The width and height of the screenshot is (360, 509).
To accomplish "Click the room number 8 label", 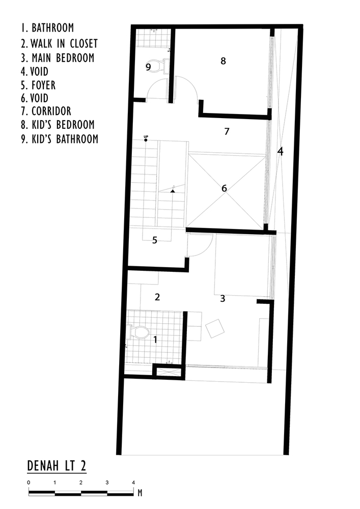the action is [x=223, y=61].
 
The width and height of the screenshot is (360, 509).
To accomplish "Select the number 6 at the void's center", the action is [x=224, y=188].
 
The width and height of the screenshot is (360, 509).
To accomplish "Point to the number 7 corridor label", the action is [x=227, y=131].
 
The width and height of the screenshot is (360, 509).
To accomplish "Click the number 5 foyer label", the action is [x=154, y=240].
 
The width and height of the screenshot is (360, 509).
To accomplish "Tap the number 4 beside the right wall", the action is [x=280, y=151].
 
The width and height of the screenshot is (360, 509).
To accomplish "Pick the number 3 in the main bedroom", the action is [x=223, y=298].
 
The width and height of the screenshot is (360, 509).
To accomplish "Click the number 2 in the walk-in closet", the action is [x=157, y=297].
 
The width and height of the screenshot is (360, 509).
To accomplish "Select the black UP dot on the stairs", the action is [x=146, y=140].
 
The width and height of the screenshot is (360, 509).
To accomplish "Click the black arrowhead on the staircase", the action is [x=173, y=191].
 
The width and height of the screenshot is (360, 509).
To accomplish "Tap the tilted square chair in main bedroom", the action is [x=214, y=328].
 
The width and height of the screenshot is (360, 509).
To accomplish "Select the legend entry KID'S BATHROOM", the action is [x=60, y=139].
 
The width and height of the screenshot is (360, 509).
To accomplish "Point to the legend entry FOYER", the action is [x=38, y=85].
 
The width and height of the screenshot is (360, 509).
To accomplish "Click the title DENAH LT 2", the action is [x=57, y=466].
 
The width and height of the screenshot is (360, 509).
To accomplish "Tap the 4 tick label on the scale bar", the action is [x=133, y=483].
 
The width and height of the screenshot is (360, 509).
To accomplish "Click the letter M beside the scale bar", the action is [x=140, y=493].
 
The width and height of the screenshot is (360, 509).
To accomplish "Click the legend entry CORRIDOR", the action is [x=46, y=111].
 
